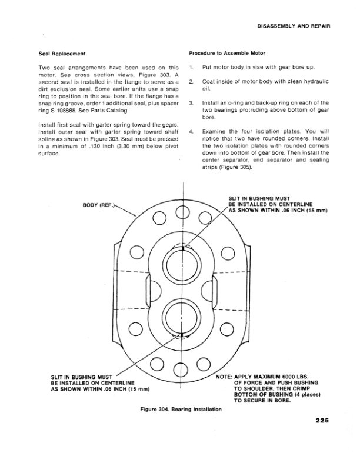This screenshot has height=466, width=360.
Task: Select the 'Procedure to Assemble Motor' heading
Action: coord(224,54)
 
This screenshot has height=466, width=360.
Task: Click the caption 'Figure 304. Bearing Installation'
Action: coord(180,408)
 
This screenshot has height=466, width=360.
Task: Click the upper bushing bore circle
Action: coord(184,264)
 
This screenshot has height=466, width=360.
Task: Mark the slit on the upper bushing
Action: coord(184,248)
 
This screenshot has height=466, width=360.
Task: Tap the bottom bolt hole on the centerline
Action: coord(184,370)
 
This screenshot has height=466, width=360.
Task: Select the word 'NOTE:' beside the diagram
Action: coord(225,375)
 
